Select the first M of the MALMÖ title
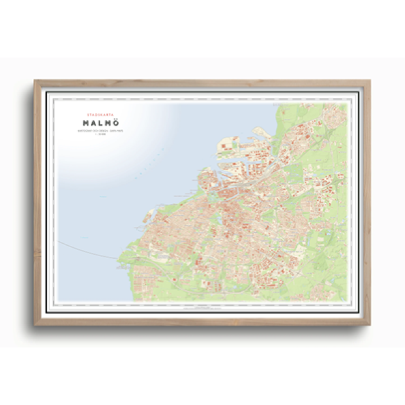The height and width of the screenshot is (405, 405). click(86, 123)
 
